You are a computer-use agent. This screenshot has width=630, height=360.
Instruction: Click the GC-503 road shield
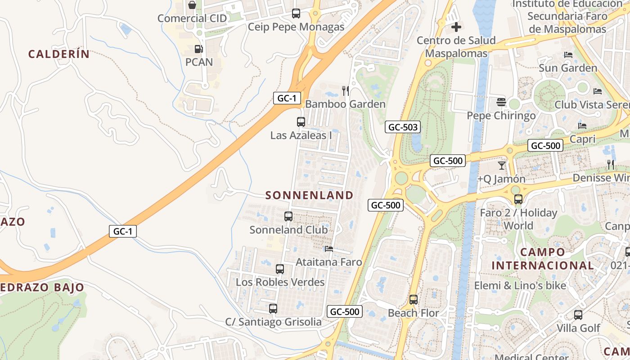tap(403, 127)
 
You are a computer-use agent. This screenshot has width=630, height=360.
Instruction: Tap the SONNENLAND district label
tap(309, 195)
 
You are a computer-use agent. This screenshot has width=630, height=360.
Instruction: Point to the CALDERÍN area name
tap(59, 54)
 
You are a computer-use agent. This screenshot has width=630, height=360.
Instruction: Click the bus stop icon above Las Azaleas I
tap(301, 121)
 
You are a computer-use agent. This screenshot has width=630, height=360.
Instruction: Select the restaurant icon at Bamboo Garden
tap(346, 91)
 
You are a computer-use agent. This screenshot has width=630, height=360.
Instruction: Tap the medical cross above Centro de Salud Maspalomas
tap(456, 27)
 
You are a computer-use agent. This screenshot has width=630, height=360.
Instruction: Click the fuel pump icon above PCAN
tap(198, 49)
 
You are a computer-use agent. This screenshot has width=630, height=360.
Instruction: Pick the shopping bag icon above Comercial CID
tap(192, 5)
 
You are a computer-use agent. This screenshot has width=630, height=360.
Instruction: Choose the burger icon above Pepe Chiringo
tap(501, 102)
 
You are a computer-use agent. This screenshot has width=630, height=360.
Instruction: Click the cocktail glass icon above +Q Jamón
tap(502, 165)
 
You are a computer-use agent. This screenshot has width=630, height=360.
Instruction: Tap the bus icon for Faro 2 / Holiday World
tap(518, 199)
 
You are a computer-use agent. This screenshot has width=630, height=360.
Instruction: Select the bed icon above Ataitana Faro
tap(329, 248)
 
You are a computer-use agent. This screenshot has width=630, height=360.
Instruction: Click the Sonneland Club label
tap(288, 229)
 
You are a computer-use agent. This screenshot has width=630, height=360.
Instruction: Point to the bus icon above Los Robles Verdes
tap(280, 269)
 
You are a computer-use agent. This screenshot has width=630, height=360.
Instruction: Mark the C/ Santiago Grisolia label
tap(273, 322)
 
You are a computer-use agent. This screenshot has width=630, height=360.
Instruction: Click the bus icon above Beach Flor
tap(414, 299)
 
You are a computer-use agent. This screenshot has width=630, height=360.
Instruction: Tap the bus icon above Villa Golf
tap(578, 315)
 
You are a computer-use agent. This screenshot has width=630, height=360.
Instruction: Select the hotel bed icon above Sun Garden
tap(568, 55)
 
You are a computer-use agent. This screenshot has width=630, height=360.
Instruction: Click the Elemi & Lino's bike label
tap(520, 285)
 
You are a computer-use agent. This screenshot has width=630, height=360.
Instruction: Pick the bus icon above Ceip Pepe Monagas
tap(296, 13)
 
